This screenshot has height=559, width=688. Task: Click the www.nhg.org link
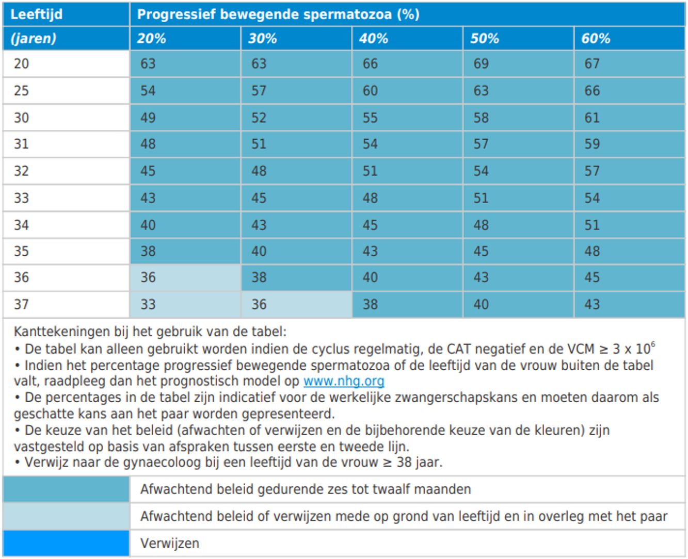pyautogui.click(x=344, y=381)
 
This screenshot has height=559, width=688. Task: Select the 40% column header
pyautogui.click(x=374, y=38)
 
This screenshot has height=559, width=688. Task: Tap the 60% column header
pyautogui.click(x=596, y=38)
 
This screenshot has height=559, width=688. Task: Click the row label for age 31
pyautogui.click(x=21, y=144)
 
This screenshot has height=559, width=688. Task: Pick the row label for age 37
pyautogui.click(x=21, y=304)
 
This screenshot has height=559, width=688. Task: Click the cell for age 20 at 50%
pyautogui.click(x=481, y=63)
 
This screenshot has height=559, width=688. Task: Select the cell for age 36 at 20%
pyautogui.click(x=148, y=277)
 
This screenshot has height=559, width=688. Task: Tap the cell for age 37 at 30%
pyautogui.click(x=259, y=304)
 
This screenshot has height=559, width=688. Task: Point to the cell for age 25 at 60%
pyautogui.click(x=592, y=91)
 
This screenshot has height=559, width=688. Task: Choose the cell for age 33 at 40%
pyautogui.click(x=370, y=198)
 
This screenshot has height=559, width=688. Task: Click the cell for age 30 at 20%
pyautogui.click(x=148, y=118)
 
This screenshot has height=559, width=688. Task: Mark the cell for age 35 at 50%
pyautogui.click(x=481, y=251)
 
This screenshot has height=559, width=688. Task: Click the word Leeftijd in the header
pyautogui.click(x=36, y=14)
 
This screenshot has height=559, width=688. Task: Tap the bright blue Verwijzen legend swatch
pyautogui.click(x=66, y=543)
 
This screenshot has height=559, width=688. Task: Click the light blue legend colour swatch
pyautogui.click(x=66, y=516)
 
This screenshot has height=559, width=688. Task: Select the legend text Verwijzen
pyautogui.click(x=170, y=544)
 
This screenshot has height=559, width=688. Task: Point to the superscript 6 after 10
pyautogui.click(x=653, y=344)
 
